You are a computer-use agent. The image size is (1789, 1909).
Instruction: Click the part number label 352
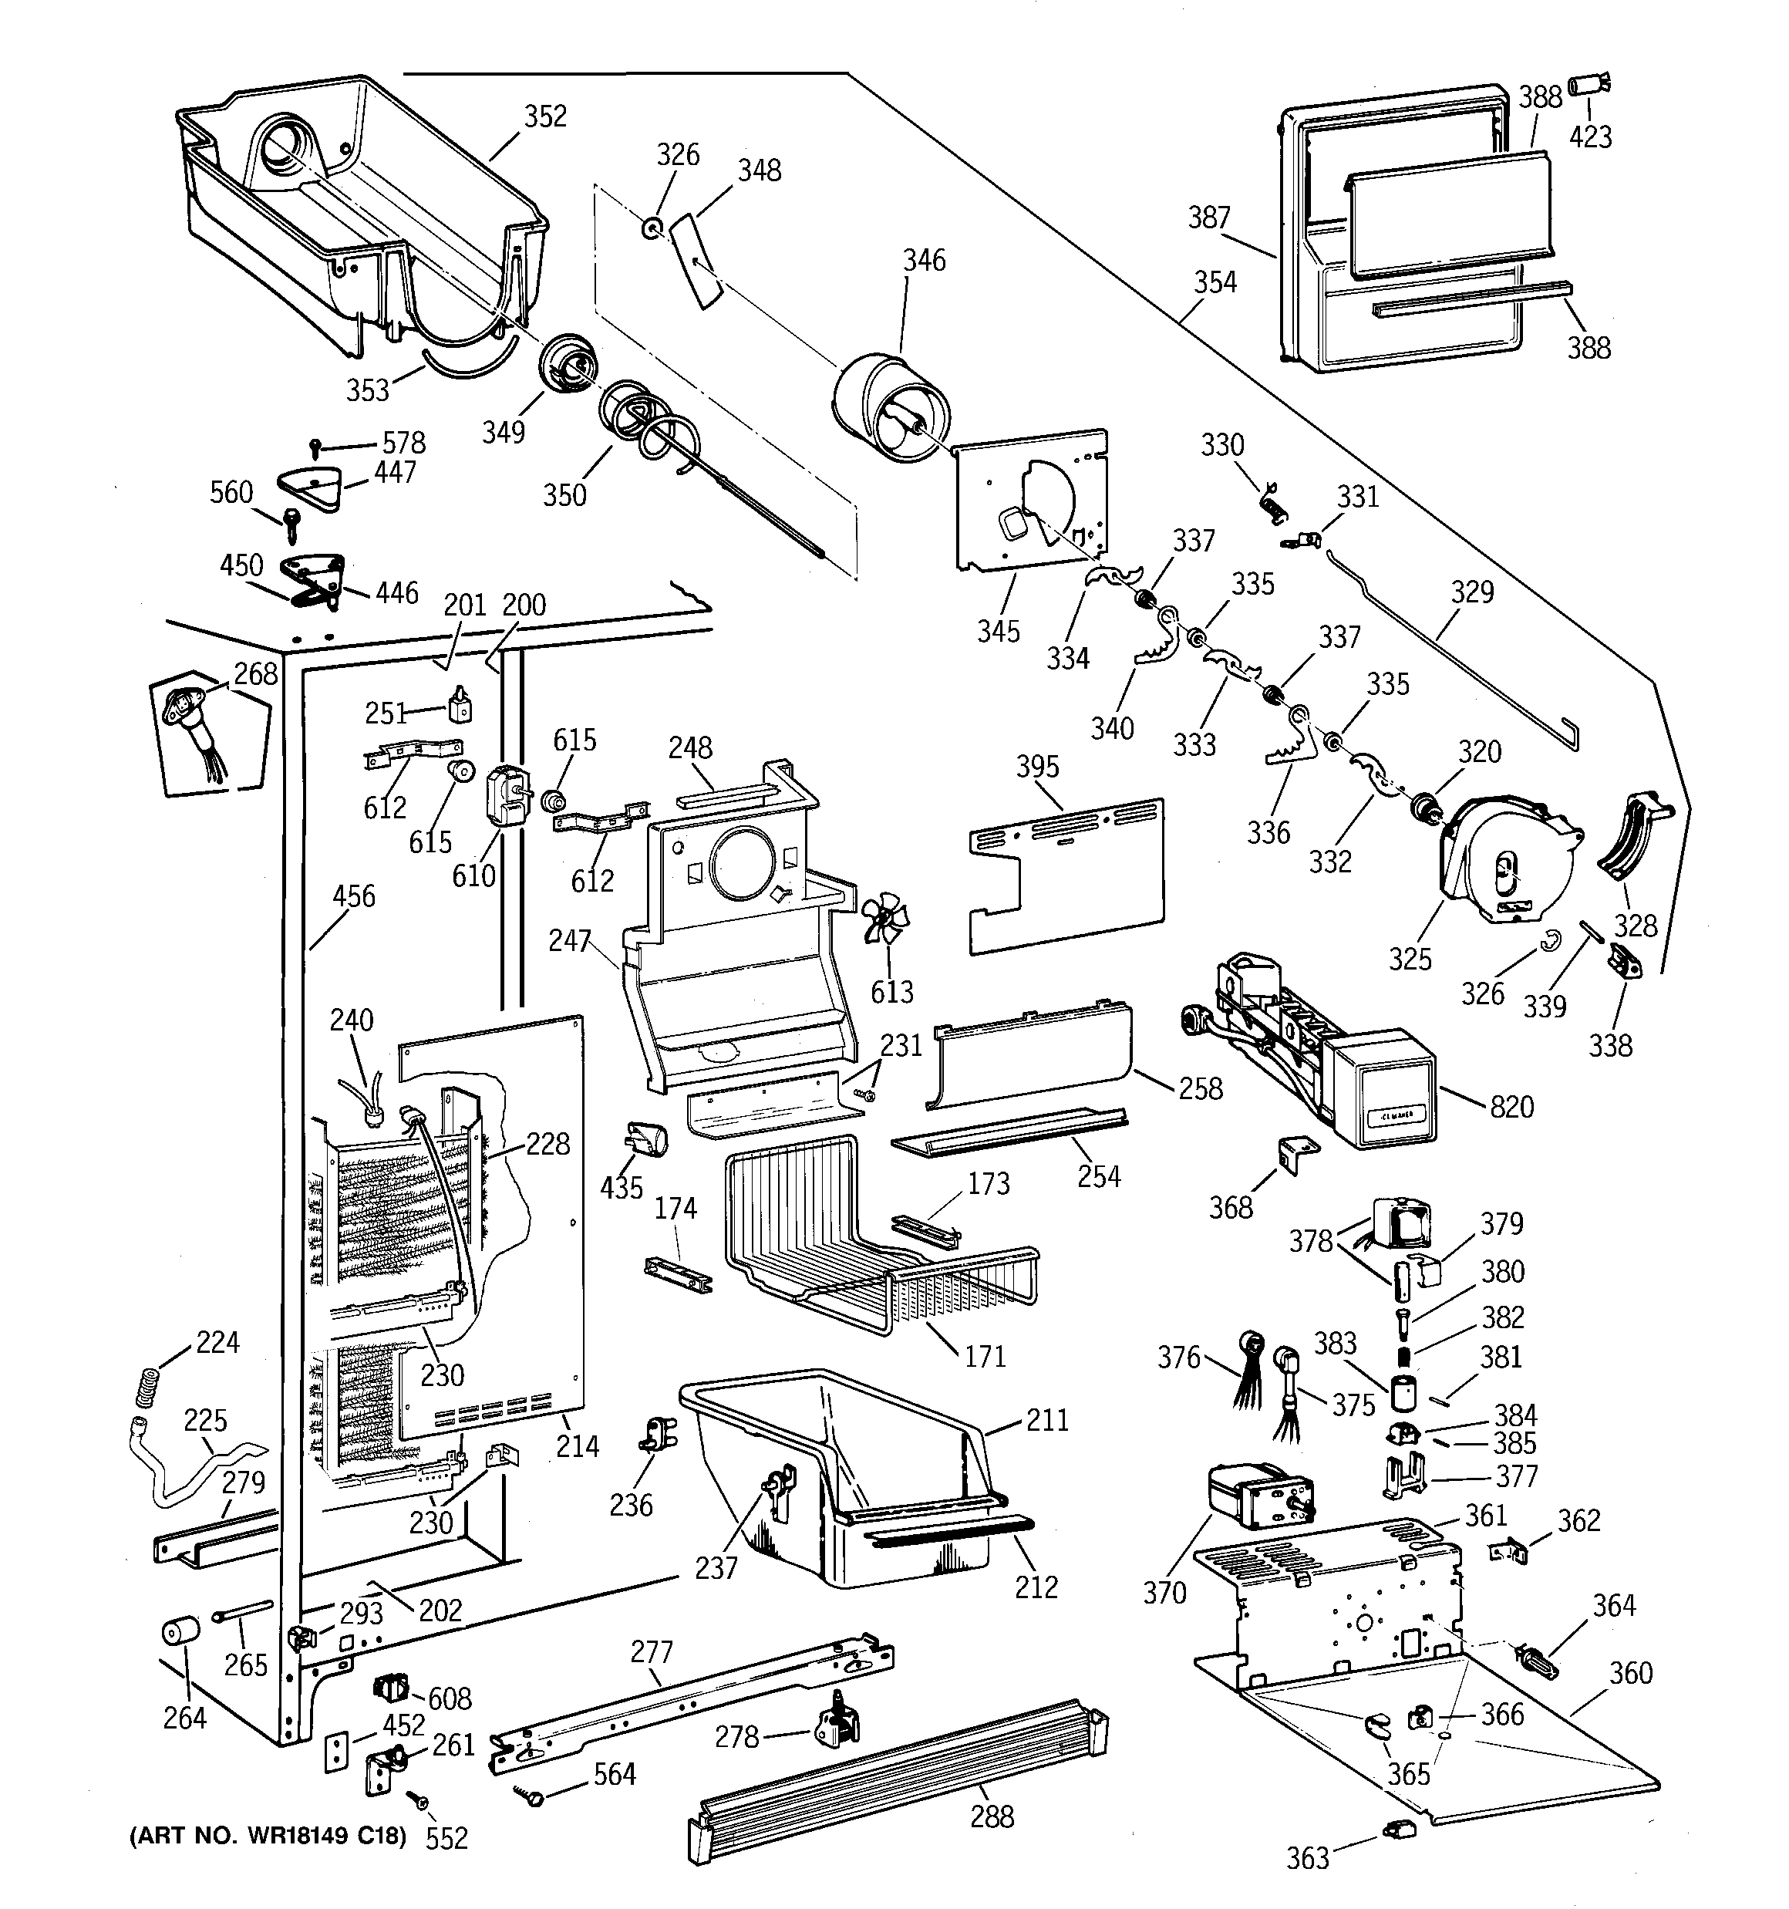[x=544, y=116]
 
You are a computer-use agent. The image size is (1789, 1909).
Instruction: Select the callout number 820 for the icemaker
[x=1511, y=1107]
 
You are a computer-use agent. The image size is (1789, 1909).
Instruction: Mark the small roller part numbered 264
[x=180, y=1631]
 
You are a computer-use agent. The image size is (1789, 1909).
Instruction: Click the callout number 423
[x=1590, y=137]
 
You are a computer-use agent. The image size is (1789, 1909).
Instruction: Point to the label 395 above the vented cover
[x=1037, y=766]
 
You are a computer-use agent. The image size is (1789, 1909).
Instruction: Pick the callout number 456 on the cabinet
[x=353, y=897]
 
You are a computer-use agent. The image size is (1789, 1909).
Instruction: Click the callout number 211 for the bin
[x=1046, y=1419]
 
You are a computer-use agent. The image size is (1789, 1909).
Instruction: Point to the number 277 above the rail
[x=651, y=1651]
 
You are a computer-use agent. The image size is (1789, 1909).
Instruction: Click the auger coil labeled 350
[x=638, y=423]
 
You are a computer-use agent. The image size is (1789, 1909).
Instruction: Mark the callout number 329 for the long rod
[x=1471, y=592]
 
